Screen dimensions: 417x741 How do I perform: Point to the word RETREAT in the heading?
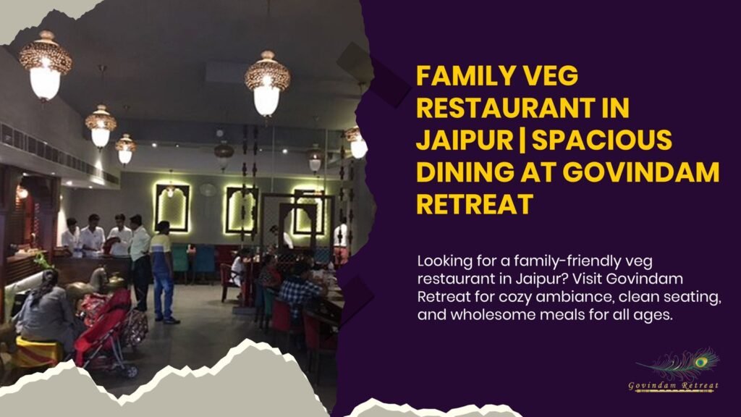pos(473,203)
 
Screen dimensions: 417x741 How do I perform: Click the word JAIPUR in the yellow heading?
pos(452,140)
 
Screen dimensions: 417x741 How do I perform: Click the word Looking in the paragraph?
pos(444,260)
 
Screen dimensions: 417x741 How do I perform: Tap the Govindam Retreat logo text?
pos(673,386)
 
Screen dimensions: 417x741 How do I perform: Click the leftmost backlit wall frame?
pos(172,207)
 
